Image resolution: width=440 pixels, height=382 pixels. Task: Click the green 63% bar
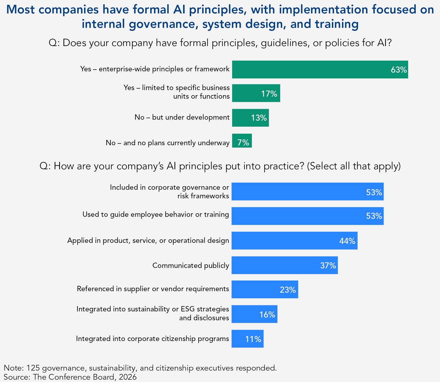click(x=320, y=70)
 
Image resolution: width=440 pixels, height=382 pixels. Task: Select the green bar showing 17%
click(x=256, y=93)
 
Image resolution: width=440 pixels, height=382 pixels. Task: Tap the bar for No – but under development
click(x=250, y=118)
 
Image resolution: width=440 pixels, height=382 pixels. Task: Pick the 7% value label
click(x=243, y=143)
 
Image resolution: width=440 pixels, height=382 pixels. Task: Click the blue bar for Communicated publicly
click(x=284, y=265)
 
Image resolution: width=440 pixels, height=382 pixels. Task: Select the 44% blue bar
click(x=294, y=241)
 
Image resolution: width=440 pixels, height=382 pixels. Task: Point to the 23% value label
click(x=288, y=290)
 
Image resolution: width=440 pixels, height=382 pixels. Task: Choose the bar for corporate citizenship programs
click(x=247, y=339)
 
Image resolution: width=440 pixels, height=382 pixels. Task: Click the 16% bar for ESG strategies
click(x=254, y=314)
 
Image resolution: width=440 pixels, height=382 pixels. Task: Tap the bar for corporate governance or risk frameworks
click(x=307, y=192)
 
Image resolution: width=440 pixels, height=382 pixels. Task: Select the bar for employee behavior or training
click(x=307, y=216)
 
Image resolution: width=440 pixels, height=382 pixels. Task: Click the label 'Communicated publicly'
click(x=191, y=265)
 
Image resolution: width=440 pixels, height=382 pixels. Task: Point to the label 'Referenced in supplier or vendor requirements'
click(x=153, y=289)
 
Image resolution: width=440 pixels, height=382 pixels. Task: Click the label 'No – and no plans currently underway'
click(x=168, y=143)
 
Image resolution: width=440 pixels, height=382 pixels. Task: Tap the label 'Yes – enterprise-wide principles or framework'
click(x=155, y=69)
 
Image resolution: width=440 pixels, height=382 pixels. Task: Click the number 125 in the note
click(x=33, y=368)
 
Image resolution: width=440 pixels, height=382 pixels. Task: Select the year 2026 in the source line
click(x=128, y=377)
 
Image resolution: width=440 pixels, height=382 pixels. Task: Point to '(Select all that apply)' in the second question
click(x=354, y=166)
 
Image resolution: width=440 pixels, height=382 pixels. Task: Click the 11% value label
click(x=253, y=339)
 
